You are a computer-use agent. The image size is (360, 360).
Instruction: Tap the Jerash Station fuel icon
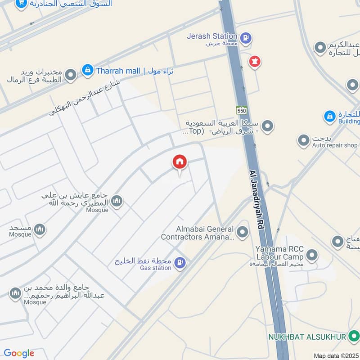(x=245, y=37)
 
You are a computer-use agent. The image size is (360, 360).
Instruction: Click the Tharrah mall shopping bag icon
(x=87, y=70)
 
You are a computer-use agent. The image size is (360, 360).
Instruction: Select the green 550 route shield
(x=242, y=110)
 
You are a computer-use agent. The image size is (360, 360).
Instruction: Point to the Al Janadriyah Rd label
(x=256, y=201)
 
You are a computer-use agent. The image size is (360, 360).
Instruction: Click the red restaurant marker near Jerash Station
(x=255, y=62)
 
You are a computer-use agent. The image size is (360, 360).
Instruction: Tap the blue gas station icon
(x=180, y=263)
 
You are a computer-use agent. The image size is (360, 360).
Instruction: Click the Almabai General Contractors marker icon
(x=243, y=232)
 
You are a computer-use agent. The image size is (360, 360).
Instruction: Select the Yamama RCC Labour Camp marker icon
(x=311, y=256)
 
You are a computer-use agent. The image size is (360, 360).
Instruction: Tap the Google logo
(x=19, y=353)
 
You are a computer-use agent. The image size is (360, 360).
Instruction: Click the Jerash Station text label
(x=213, y=36)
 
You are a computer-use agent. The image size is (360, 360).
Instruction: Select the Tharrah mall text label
(x=118, y=71)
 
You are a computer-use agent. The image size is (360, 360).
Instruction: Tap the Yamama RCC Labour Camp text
(x=280, y=252)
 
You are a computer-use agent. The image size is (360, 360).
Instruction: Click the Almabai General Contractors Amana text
(x=198, y=233)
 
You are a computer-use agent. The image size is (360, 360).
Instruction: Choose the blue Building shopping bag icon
(x=330, y=117)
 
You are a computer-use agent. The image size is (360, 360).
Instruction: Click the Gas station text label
(x=156, y=268)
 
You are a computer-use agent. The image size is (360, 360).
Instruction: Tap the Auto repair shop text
(x=335, y=145)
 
